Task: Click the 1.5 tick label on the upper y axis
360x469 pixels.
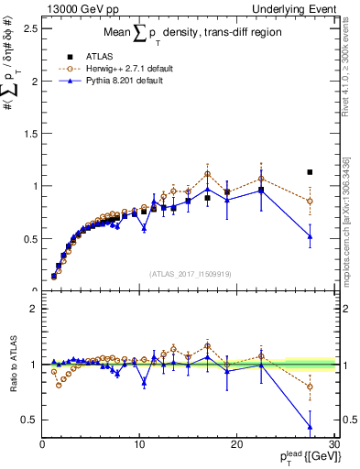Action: [x=30, y=133]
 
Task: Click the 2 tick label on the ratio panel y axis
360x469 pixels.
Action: [x=33, y=309]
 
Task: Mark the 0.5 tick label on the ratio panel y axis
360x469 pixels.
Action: [x=30, y=420]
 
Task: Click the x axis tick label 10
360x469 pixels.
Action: [x=139, y=444]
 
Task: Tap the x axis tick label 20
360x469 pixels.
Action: [x=236, y=444]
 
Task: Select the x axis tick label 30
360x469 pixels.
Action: [x=333, y=444]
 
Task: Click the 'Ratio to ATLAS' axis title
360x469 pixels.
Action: [x=12, y=365]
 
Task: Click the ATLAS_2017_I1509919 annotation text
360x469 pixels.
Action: [x=190, y=274]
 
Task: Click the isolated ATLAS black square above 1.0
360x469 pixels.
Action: [x=310, y=171]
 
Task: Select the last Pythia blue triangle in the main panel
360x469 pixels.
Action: [x=310, y=236]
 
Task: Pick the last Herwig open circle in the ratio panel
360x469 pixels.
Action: [x=310, y=387]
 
